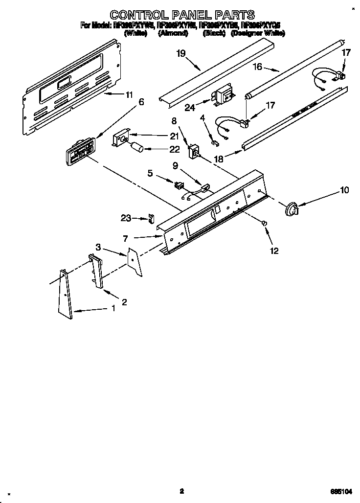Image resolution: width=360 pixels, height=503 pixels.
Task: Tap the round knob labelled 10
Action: coord(291,209)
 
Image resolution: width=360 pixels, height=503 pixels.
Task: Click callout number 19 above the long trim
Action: coord(181,53)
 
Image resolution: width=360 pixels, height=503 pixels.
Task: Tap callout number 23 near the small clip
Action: coord(126,219)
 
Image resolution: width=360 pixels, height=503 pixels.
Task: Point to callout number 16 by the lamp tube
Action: coord(258,67)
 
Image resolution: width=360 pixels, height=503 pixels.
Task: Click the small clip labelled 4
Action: coord(215,143)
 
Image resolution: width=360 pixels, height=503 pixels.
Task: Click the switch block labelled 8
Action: coord(194,152)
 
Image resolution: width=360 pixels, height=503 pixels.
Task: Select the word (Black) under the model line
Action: coord(213,34)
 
